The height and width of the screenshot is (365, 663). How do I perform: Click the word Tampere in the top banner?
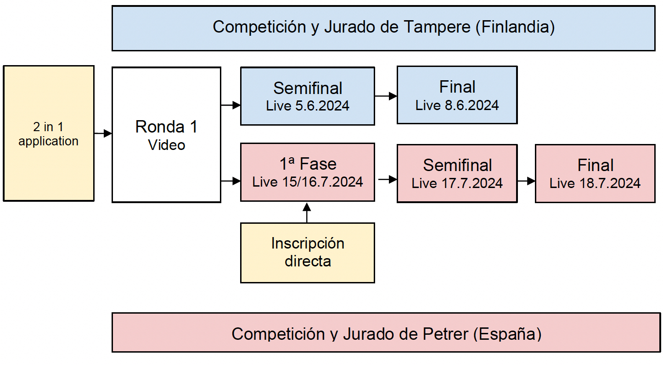(x=437, y=27)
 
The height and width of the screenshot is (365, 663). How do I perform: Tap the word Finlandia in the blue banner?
(x=515, y=27)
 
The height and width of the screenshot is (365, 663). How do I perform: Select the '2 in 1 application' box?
(x=49, y=133)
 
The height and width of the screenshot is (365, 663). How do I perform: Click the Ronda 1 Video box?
(x=166, y=135)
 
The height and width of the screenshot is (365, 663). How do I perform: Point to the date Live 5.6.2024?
(x=308, y=106)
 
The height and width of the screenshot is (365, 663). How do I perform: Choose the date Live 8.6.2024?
(x=457, y=105)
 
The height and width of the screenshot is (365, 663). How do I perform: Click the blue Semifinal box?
(x=308, y=96)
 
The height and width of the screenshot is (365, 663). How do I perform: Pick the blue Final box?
(x=457, y=95)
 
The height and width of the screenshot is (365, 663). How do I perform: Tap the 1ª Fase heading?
(x=308, y=164)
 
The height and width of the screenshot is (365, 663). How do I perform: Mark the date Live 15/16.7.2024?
(x=308, y=182)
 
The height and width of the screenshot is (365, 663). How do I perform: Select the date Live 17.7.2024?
(x=457, y=183)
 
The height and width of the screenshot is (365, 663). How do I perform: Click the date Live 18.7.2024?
(x=595, y=183)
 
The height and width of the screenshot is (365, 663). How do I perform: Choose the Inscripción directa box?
(x=308, y=253)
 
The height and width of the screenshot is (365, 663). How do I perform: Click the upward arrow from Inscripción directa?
(x=307, y=213)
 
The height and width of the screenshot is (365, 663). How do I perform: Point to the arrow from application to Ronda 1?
(x=103, y=133)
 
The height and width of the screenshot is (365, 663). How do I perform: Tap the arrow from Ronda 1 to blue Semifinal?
(x=230, y=105)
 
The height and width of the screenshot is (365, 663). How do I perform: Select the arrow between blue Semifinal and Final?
(x=386, y=96)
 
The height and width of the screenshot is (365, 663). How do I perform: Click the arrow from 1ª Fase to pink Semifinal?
(x=388, y=179)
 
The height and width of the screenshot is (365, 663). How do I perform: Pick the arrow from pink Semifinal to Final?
(x=526, y=181)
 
